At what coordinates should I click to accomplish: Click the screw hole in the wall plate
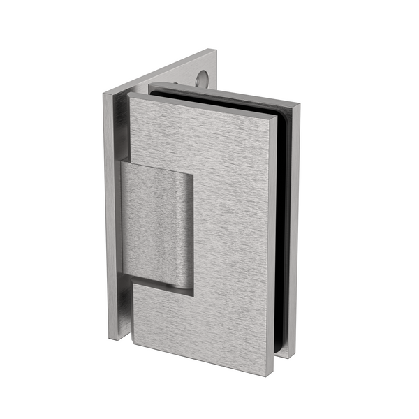tap(203, 80)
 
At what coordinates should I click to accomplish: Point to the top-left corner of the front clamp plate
tap(130, 96)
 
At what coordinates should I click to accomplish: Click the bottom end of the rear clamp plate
tap(293, 356)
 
